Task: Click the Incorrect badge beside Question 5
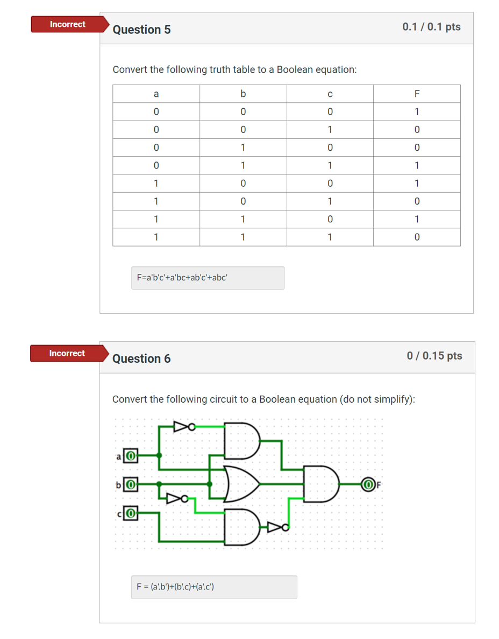click(x=67, y=24)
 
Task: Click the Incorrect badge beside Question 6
click(x=67, y=353)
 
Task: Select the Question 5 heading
click(x=141, y=30)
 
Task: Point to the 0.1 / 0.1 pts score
click(x=431, y=27)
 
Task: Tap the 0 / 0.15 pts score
click(x=434, y=356)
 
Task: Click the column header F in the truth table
click(x=417, y=94)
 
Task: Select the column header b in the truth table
click(x=243, y=94)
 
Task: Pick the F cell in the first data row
click(x=417, y=112)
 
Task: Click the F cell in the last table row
click(x=417, y=237)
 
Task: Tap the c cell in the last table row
click(x=330, y=237)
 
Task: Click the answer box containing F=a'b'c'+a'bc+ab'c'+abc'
click(x=208, y=278)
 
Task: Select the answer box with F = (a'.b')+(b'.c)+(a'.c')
click(x=213, y=587)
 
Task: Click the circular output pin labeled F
click(x=368, y=483)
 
